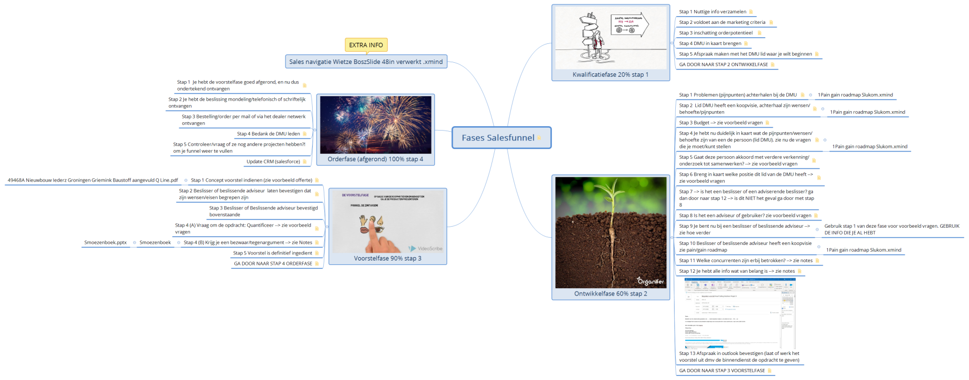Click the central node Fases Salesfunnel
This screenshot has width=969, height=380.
tap(498, 138)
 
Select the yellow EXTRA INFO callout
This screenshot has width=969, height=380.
tap(366, 45)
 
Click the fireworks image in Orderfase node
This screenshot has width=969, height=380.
tap(375, 124)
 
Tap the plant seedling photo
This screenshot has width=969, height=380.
tap(610, 232)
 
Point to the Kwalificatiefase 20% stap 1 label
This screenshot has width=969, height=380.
tap(610, 74)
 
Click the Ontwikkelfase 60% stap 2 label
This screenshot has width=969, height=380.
tap(610, 293)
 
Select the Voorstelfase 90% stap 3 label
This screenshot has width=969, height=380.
tap(388, 258)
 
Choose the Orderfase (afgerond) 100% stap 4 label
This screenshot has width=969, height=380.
tap(375, 159)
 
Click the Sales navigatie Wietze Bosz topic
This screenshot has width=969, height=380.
tap(366, 62)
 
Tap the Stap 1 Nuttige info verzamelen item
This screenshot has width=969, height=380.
tap(712, 12)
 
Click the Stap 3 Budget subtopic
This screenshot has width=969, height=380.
tap(720, 123)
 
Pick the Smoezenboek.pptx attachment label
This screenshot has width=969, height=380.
tap(106, 242)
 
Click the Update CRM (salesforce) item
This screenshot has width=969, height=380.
tap(273, 162)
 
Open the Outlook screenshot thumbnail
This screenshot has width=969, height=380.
tap(740, 313)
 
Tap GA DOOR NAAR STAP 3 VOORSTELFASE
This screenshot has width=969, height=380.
tap(721, 371)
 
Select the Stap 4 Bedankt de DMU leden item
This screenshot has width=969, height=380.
tap(268, 134)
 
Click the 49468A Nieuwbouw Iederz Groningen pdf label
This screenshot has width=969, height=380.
tap(93, 180)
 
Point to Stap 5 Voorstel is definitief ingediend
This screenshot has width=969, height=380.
tap(272, 253)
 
